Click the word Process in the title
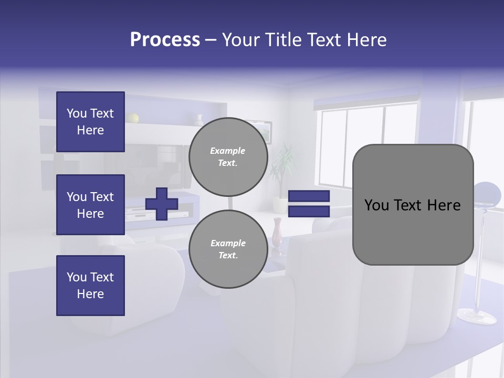tap(165, 40)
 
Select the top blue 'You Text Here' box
tap(90, 122)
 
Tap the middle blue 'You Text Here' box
tap(90, 205)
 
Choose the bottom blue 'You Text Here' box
tap(90, 286)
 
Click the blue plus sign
tap(162, 204)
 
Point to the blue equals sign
tap(309, 204)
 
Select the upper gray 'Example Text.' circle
tap(228, 157)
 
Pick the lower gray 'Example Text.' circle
tap(228, 249)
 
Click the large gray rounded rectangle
tap(413, 205)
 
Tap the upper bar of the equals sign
tap(309, 196)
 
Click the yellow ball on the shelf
tap(133, 118)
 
